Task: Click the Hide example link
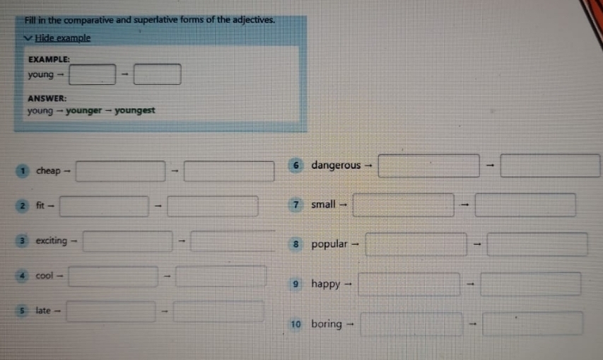pyautogui.click(x=63, y=38)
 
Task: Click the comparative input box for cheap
pyautogui.click(x=121, y=171)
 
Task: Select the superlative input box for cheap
pyautogui.click(x=229, y=171)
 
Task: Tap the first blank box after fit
pyautogui.click(x=104, y=206)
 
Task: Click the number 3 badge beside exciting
pyautogui.click(x=23, y=240)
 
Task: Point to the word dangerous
pyautogui.click(x=336, y=166)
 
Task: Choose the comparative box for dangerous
pyautogui.click(x=429, y=166)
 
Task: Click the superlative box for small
pyautogui.click(x=525, y=205)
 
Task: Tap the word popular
pyautogui.click(x=329, y=244)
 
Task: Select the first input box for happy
pyautogui.click(x=409, y=284)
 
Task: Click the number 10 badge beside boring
pyautogui.click(x=295, y=324)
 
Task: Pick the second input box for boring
pyautogui.click(x=532, y=324)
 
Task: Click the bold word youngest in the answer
pyautogui.click(x=134, y=110)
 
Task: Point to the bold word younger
pyautogui.click(x=84, y=111)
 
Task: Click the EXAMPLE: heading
pyautogui.click(x=49, y=59)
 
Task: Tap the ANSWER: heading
pyautogui.click(x=47, y=98)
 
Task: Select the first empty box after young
pyautogui.click(x=93, y=74)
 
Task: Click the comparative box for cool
pyautogui.click(x=113, y=276)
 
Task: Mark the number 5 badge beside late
pyautogui.click(x=22, y=310)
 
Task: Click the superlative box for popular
pyautogui.click(x=537, y=244)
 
